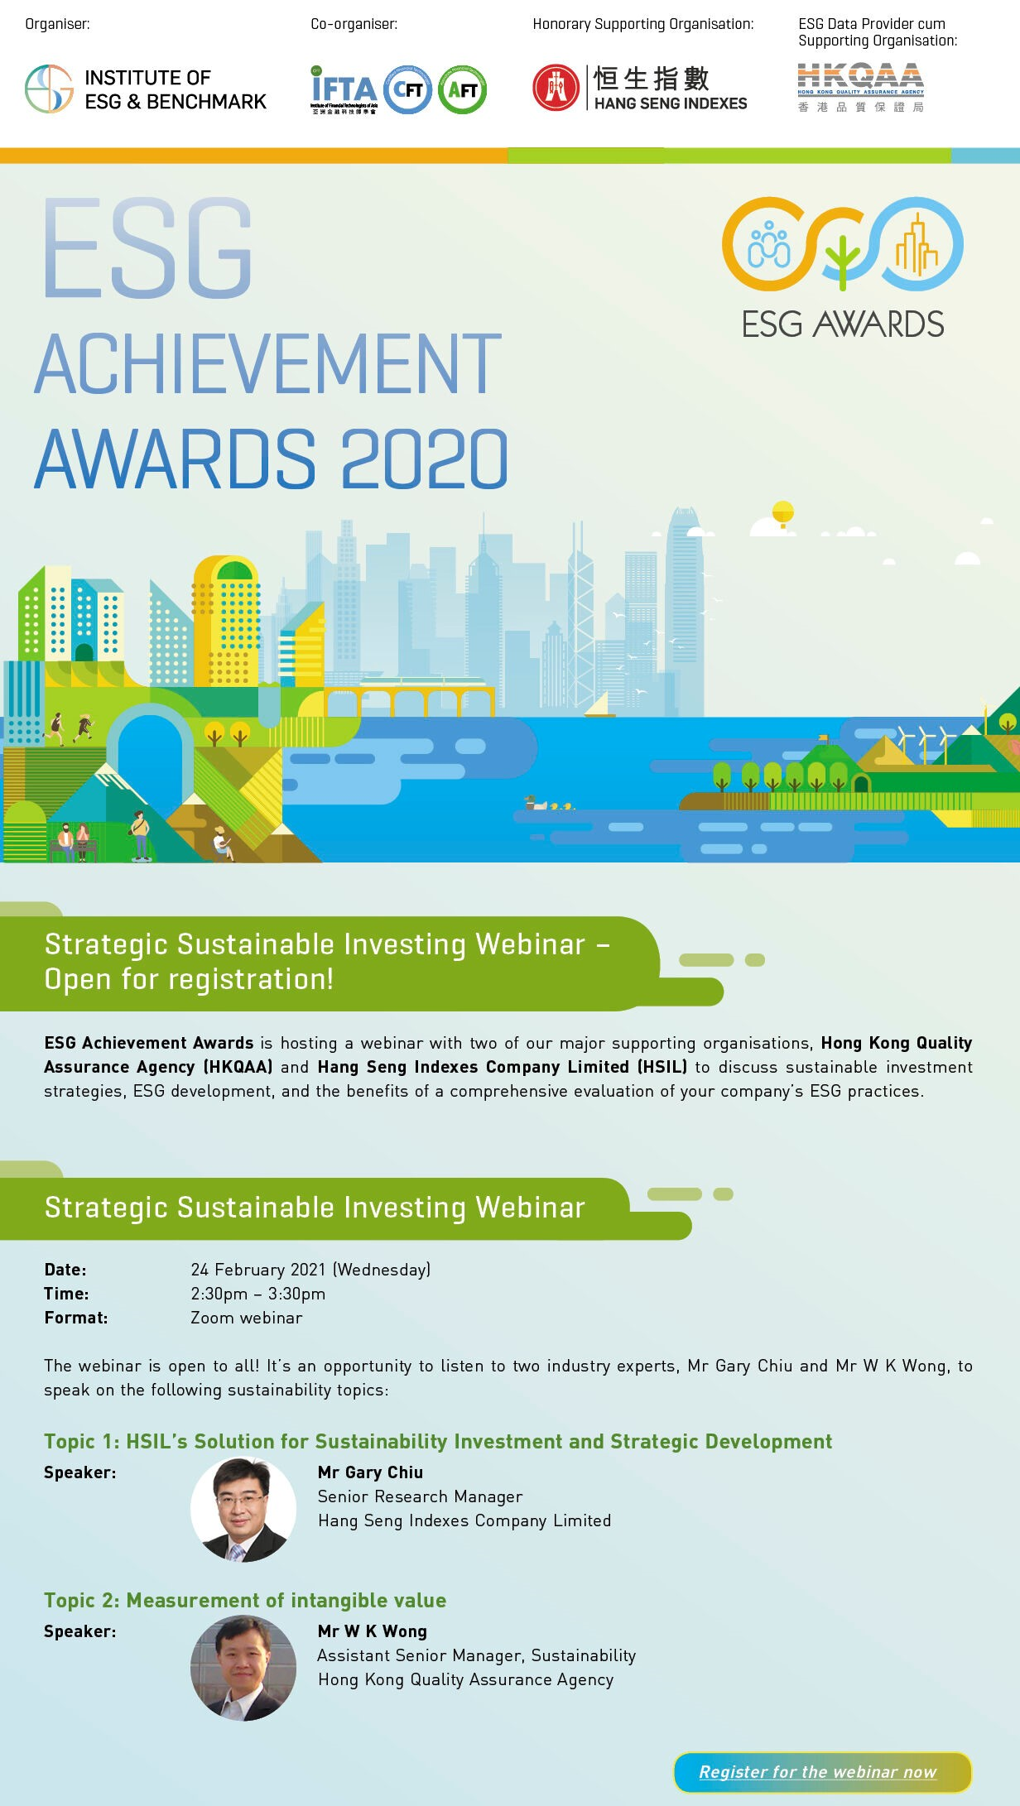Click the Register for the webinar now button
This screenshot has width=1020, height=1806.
(821, 1771)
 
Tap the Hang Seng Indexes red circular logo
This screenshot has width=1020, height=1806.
(556, 88)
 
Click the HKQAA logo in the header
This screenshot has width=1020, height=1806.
(860, 87)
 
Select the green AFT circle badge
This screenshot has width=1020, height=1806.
(462, 89)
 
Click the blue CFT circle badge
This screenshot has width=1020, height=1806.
(407, 89)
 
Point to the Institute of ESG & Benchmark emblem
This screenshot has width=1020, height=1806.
(50, 89)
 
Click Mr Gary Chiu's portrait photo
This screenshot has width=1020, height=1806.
(243, 1509)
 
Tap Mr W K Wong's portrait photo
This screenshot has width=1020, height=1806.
(243, 1668)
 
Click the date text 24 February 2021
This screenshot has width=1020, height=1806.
(258, 1270)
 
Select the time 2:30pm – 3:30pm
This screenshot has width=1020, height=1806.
(257, 1294)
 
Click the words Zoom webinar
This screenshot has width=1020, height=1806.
(246, 1318)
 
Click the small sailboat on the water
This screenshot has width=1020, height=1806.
(599, 706)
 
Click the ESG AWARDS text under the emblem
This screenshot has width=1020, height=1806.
(842, 324)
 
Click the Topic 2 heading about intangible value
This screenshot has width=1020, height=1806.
(245, 1600)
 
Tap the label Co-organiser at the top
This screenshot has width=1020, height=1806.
(354, 24)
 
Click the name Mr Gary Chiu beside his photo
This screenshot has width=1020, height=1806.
(370, 1472)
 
